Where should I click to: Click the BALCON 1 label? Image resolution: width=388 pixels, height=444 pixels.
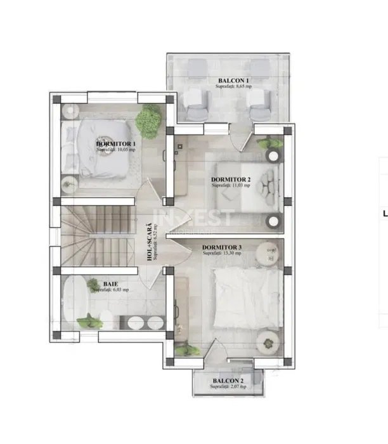click(x=233, y=81)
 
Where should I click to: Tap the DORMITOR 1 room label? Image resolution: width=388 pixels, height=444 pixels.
click(x=116, y=144)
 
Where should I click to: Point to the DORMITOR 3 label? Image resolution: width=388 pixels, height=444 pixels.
click(x=222, y=247)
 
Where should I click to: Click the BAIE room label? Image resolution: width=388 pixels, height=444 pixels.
click(x=111, y=284)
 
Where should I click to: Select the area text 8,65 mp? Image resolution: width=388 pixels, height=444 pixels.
click(x=233, y=87)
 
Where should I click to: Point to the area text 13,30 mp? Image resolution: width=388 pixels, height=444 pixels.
click(x=222, y=253)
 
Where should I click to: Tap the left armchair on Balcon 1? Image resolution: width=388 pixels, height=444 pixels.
click(x=196, y=101)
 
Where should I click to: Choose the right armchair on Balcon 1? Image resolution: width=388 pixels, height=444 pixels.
click(x=259, y=101)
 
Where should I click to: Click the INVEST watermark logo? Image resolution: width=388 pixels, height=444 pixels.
click(x=204, y=219)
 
